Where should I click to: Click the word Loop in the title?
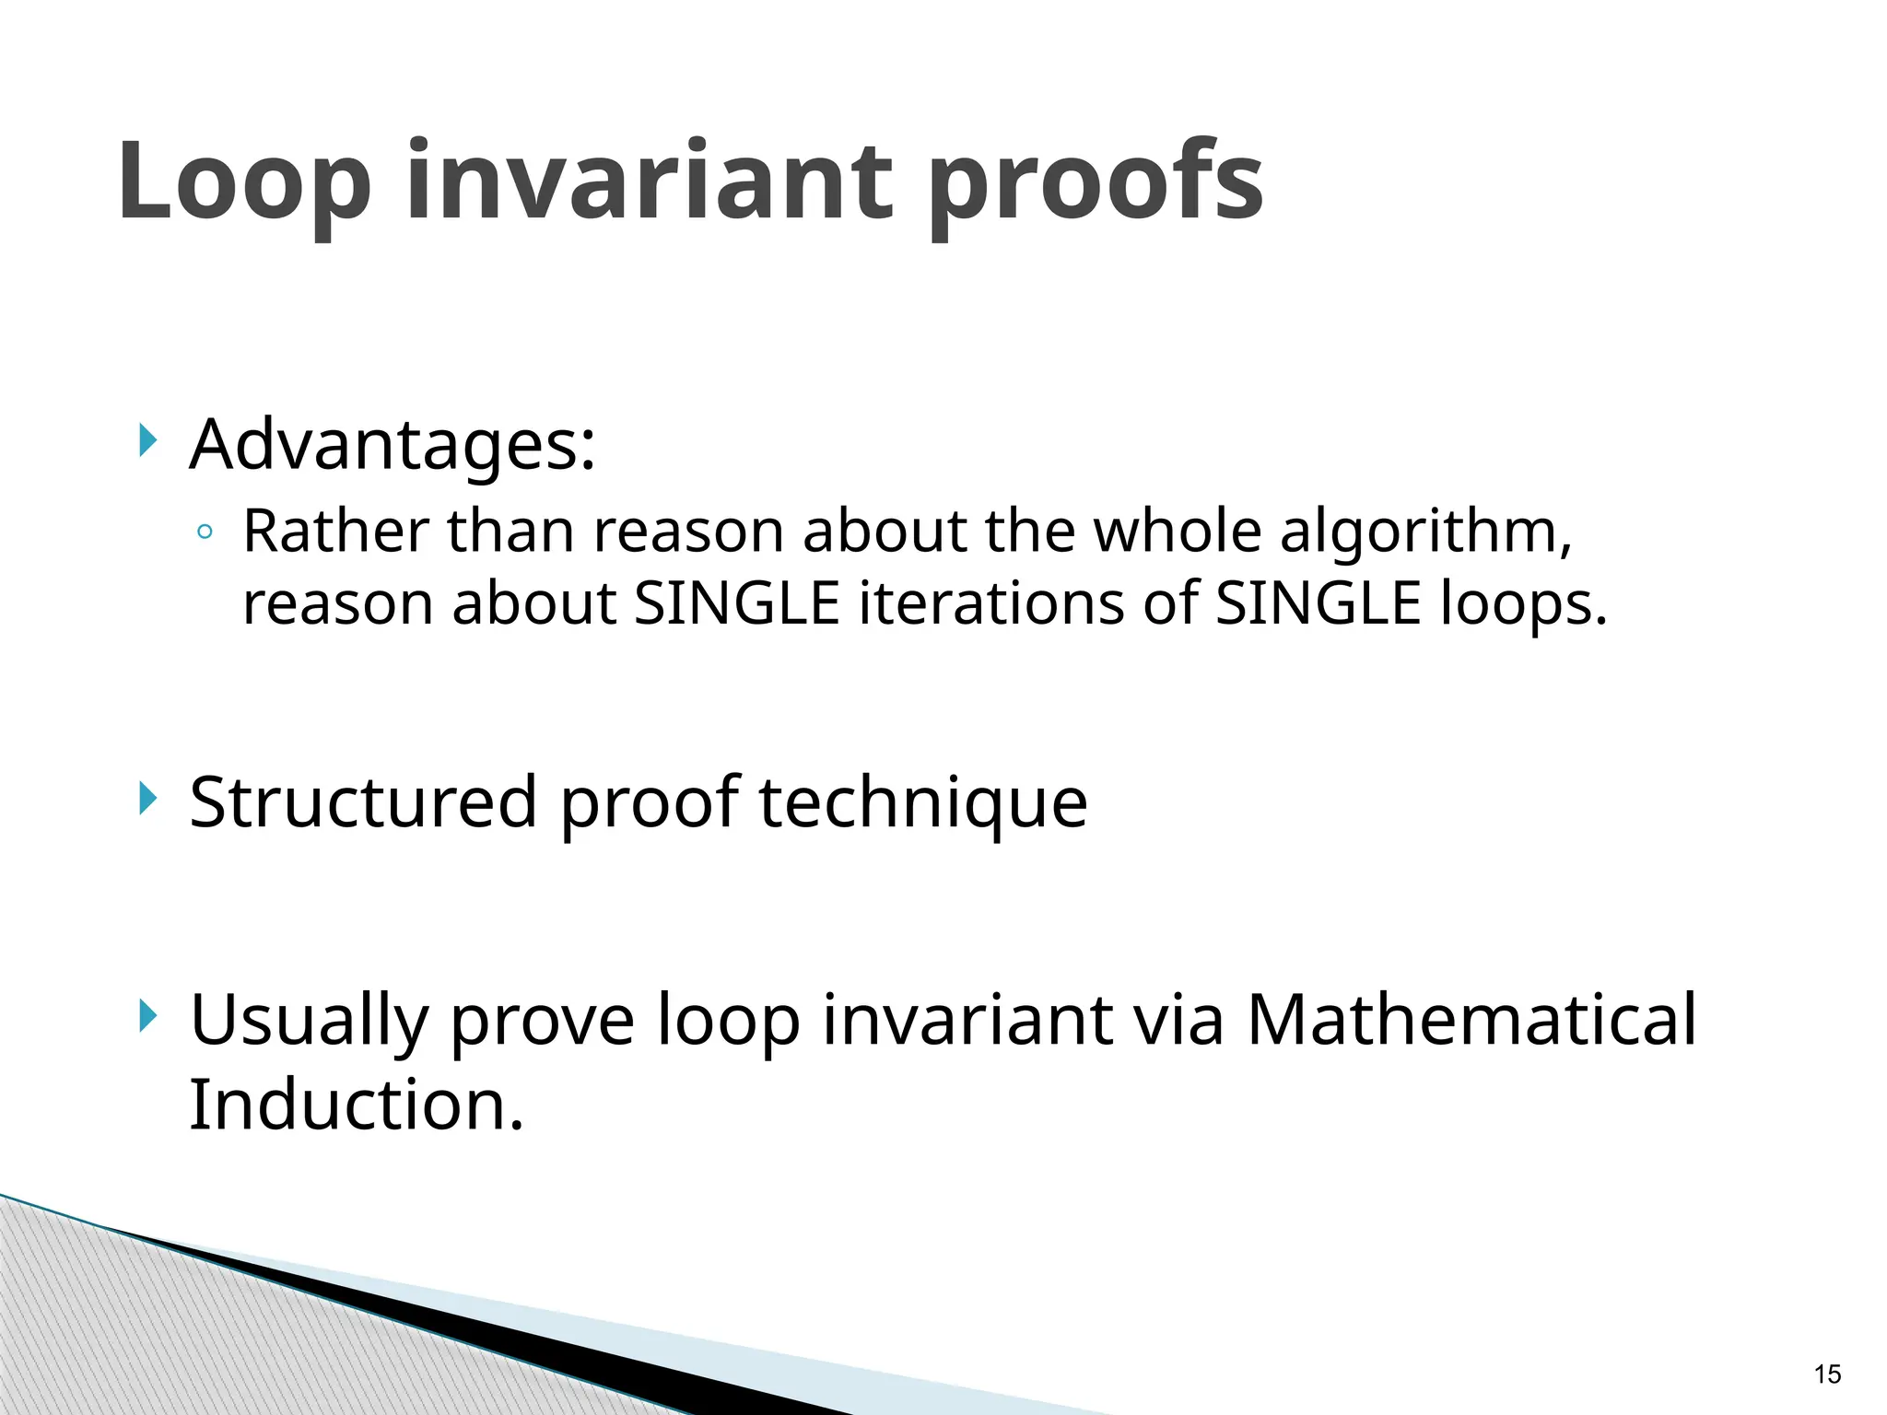[x=244, y=181]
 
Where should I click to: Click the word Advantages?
[x=393, y=445]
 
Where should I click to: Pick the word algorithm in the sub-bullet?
[x=1424, y=533]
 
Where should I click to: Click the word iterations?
[x=991, y=604]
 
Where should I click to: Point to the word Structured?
[x=363, y=801]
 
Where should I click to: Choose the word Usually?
[x=310, y=1022]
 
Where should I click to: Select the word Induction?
[x=356, y=1104]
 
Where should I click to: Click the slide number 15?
[x=1826, y=1375]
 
